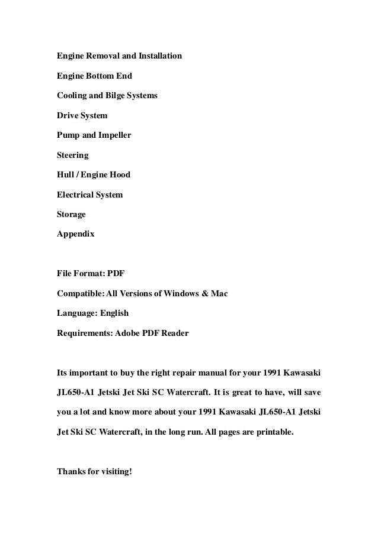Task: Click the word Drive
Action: [x=68, y=116]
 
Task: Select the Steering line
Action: [x=72, y=156]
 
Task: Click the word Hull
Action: [x=65, y=175]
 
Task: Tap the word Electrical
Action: [x=76, y=195]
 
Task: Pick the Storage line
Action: [x=71, y=214]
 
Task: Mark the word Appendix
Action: [x=75, y=234]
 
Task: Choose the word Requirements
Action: [x=82, y=333]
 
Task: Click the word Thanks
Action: [x=72, y=472]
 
